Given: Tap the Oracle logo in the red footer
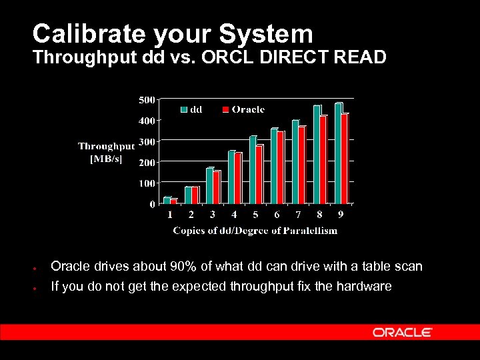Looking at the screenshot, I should click(x=402, y=332).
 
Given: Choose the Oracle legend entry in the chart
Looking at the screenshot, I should click(x=243, y=109).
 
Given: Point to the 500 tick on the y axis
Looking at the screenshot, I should click(x=147, y=100).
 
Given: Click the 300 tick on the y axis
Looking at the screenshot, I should click(x=147, y=141).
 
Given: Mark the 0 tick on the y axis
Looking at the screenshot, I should click(x=152, y=204).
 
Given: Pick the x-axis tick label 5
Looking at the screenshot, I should click(x=255, y=215).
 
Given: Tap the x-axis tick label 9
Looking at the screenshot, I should click(x=341, y=215).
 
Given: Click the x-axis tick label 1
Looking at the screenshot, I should click(x=170, y=215).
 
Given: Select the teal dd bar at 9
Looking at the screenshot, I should click(x=338, y=153).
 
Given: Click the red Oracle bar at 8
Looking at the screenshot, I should click(x=323, y=160).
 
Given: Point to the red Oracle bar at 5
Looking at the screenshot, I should click(x=259, y=174).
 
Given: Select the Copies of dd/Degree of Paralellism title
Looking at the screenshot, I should click(x=255, y=231).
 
